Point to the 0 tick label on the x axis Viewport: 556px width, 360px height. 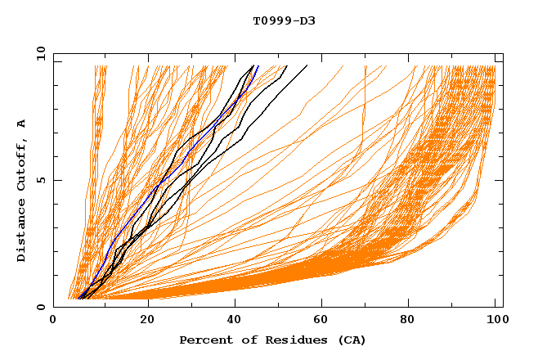pos(53,320)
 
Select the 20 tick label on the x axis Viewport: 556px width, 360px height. pos(147,320)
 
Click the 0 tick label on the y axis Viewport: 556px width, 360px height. pos(41,308)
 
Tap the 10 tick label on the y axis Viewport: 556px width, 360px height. pos(38,53)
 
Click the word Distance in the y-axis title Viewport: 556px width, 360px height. pos(22,233)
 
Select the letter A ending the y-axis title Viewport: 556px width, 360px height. pos(22,124)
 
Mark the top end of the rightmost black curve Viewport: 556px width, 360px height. pos(307,65)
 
